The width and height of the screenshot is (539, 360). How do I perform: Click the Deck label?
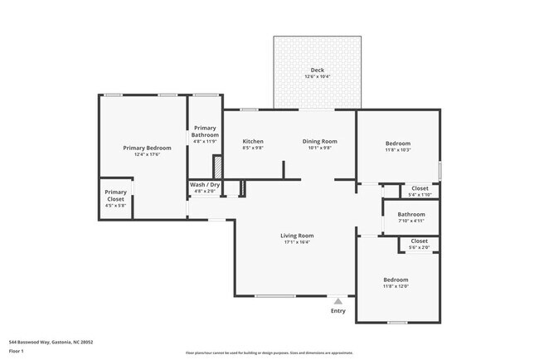pyautogui.click(x=318, y=70)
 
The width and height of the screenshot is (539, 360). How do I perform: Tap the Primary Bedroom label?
pyautogui.click(x=141, y=148)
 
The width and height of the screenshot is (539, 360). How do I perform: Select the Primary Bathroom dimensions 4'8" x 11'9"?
pyautogui.click(x=205, y=141)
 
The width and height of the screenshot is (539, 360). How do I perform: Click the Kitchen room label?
pyautogui.click(x=253, y=141)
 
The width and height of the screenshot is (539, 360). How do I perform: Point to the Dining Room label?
pyautogui.click(x=319, y=141)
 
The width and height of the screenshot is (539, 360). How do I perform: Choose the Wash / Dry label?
pyautogui.click(x=205, y=185)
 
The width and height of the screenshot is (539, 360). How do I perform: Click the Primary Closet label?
pyautogui.click(x=115, y=196)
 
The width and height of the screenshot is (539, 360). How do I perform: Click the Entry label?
pyautogui.click(x=337, y=311)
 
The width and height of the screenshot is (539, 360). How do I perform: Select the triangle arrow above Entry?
pyautogui.click(x=337, y=301)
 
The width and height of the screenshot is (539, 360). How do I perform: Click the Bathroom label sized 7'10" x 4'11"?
pyautogui.click(x=410, y=215)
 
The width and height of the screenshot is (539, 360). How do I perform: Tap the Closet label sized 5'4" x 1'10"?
pyautogui.click(x=420, y=188)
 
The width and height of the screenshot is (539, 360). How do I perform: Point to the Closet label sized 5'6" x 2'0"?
pyautogui.click(x=420, y=241)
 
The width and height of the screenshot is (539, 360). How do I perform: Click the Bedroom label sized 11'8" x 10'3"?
pyautogui.click(x=397, y=144)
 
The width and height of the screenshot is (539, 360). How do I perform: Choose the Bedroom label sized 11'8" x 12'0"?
pyautogui.click(x=396, y=280)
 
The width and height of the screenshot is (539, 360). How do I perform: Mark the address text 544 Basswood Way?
pyautogui.click(x=51, y=342)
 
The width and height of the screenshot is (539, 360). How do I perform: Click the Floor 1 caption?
pyautogui.click(x=17, y=352)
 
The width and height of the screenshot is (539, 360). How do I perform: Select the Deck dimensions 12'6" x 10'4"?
pyautogui.click(x=318, y=77)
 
